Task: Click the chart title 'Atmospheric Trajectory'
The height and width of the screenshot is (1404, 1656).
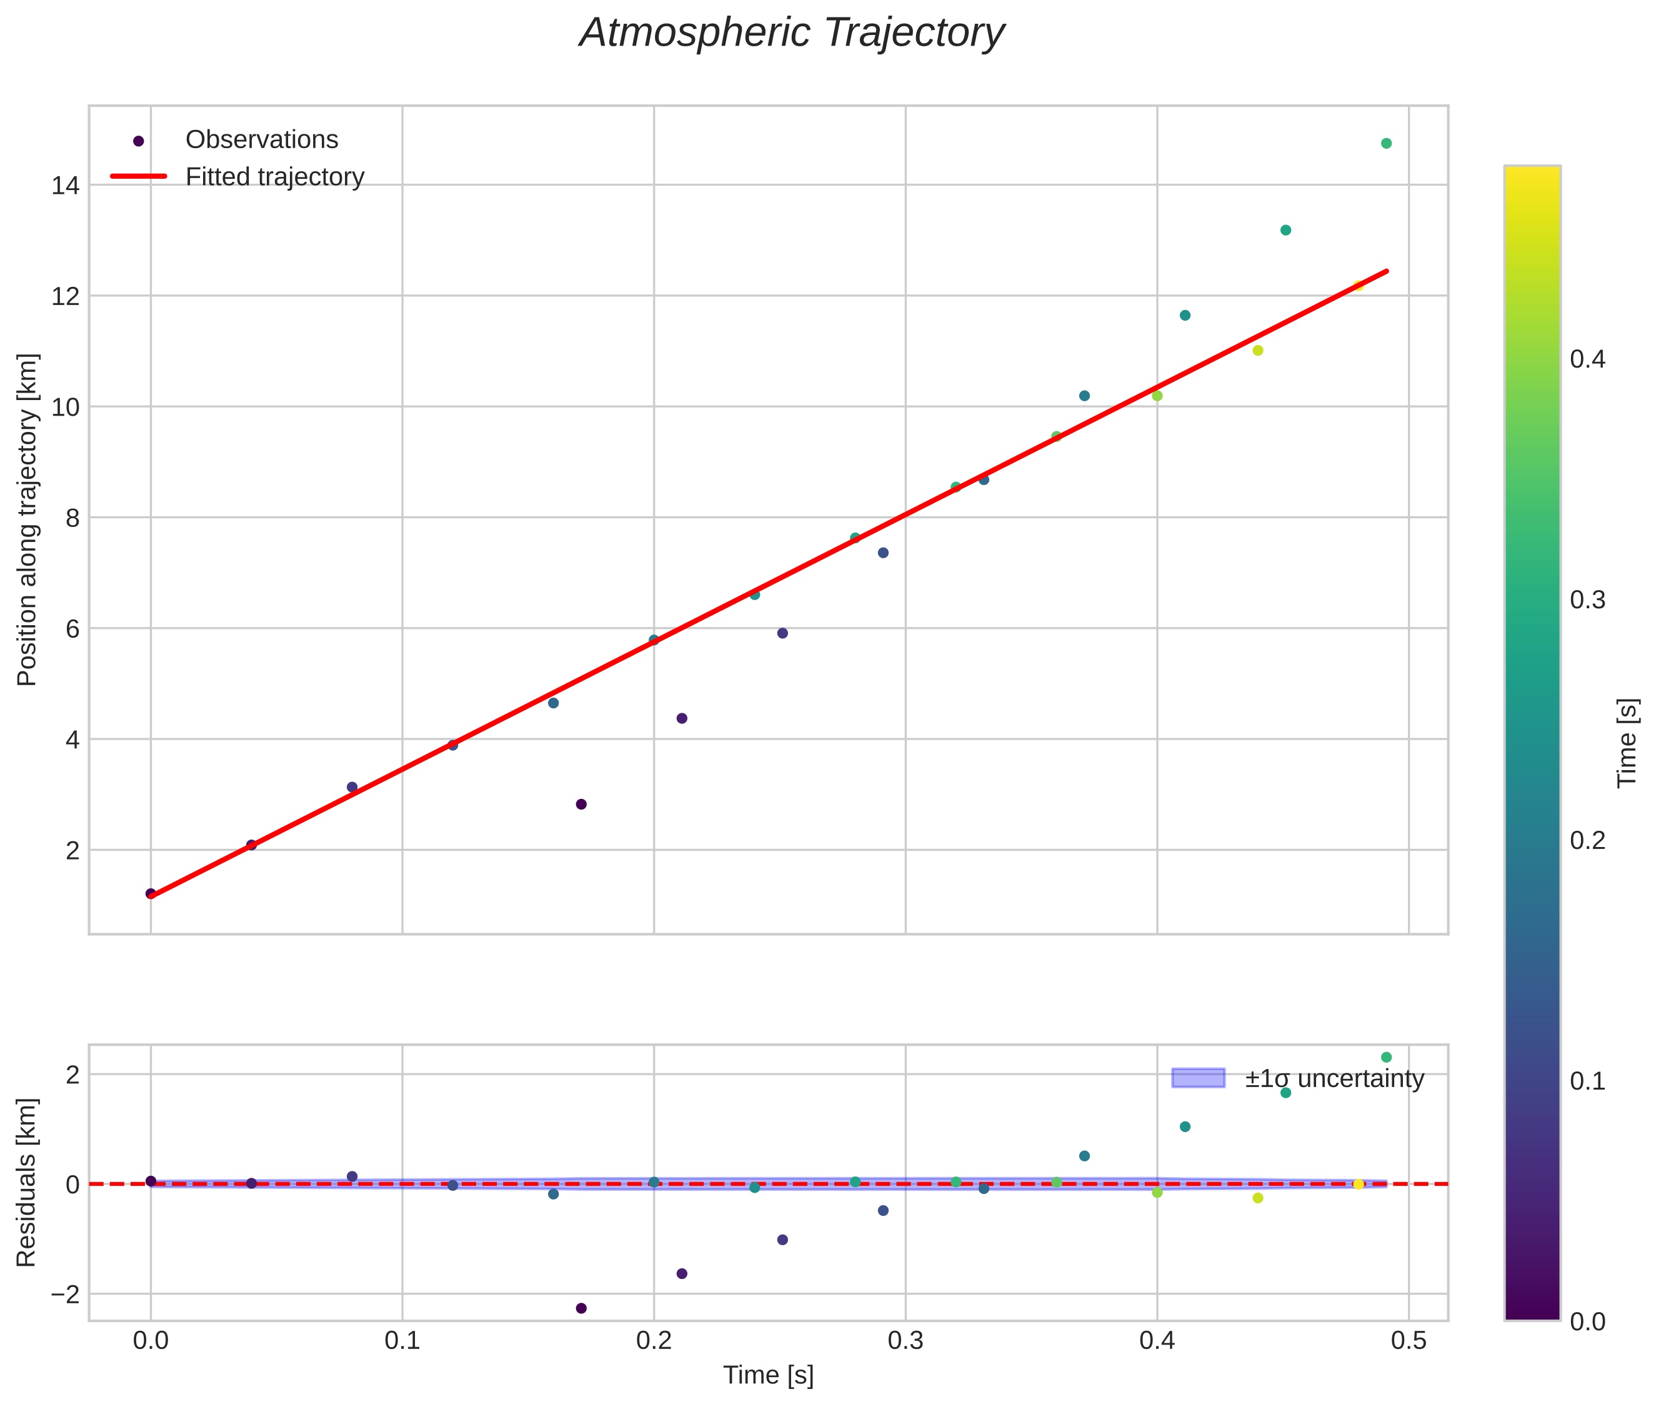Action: pyautogui.click(x=792, y=33)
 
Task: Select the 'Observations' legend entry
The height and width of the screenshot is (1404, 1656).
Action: pyautogui.click(x=261, y=140)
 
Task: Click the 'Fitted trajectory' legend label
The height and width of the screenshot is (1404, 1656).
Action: pyautogui.click(x=274, y=177)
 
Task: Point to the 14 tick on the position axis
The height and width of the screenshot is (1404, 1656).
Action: pyautogui.click(x=65, y=186)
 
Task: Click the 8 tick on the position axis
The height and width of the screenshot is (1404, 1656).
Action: pyautogui.click(x=72, y=518)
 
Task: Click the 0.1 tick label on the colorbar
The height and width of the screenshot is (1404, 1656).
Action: pyautogui.click(x=1587, y=1081)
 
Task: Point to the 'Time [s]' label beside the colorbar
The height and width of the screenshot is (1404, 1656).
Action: pyautogui.click(x=1628, y=743)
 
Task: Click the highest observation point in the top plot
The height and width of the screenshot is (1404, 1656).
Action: pyautogui.click(x=1385, y=143)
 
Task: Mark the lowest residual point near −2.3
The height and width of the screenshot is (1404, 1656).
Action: pyautogui.click(x=581, y=1308)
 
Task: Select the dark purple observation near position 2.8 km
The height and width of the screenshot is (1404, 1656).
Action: pyautogui.click(x=581, y=804)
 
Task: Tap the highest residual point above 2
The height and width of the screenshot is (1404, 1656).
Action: pyautogui.click(x=1385, y=1057)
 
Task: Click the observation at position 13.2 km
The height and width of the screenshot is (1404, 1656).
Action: pyautogui.click(x=1285, y=230)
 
